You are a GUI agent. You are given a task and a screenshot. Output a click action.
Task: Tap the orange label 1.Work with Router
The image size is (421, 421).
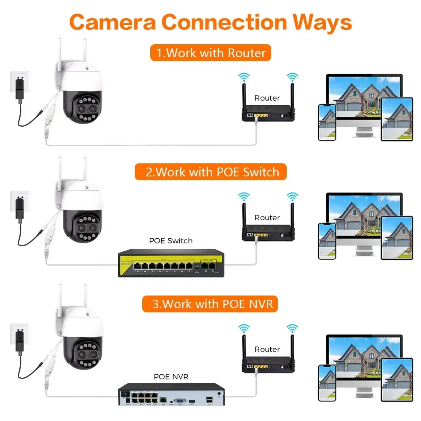click(x=210, y=53)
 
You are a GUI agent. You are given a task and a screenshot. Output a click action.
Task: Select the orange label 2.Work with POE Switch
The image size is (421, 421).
click(x=210, y=172)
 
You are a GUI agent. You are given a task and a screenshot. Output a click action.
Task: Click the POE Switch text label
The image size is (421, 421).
click(x=171, y=241)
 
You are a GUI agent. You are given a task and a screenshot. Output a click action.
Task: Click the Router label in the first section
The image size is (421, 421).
click(x=267, y=98)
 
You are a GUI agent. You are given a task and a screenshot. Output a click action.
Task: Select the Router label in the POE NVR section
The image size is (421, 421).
click(x=267, y=349)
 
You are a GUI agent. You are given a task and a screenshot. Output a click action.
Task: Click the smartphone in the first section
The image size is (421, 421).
click(x=327, y=122)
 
